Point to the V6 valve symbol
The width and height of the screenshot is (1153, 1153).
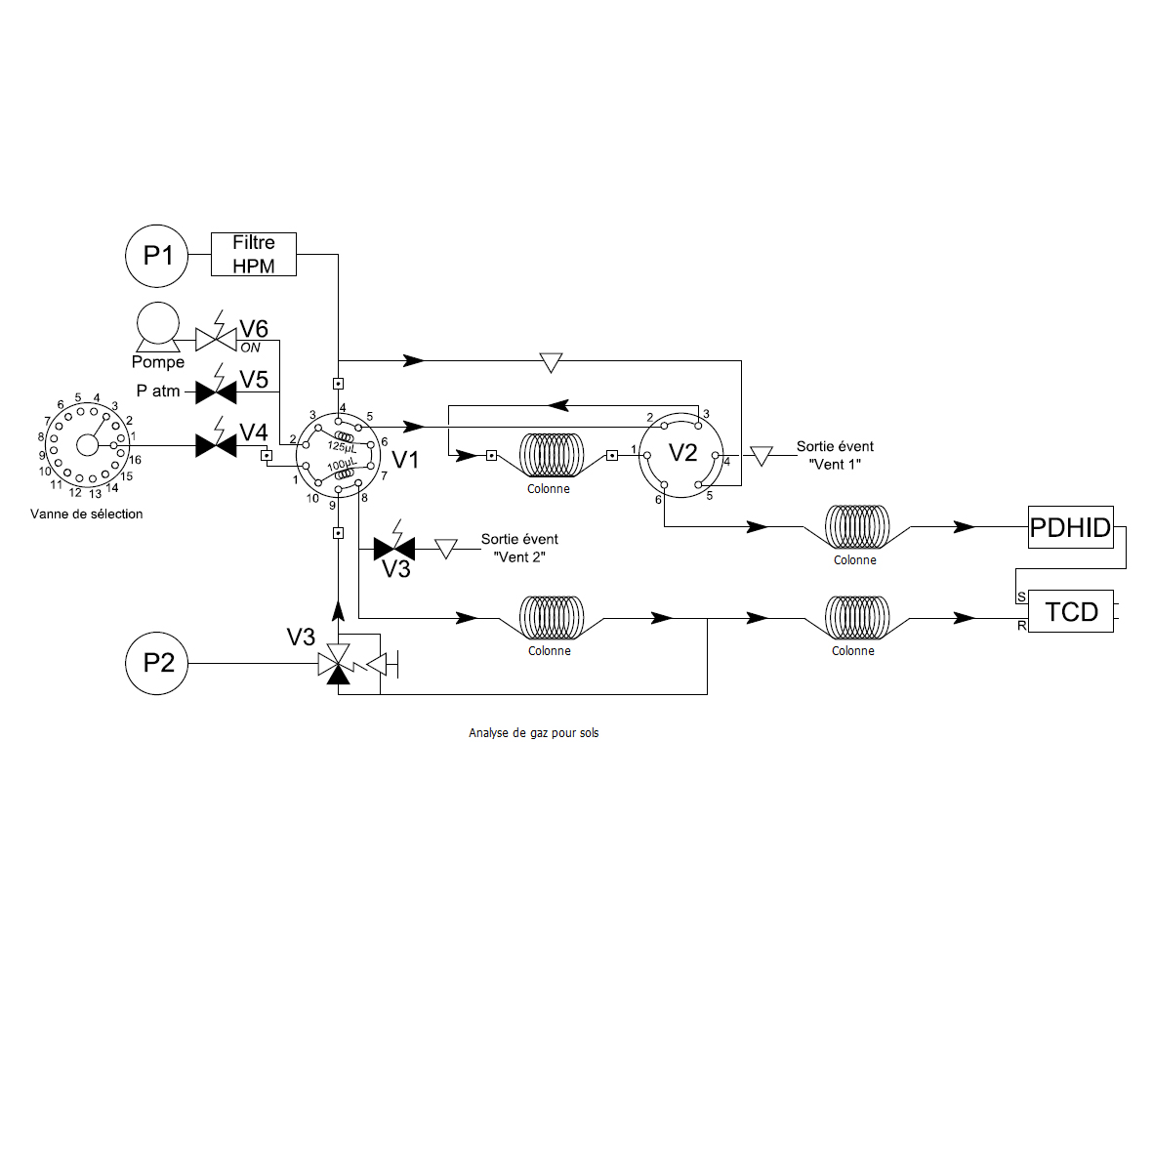point(216,339)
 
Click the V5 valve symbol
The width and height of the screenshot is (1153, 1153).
point(216,392)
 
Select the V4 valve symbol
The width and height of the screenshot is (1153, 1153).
point(216,445)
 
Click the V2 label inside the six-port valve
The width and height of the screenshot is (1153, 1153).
point(682,452)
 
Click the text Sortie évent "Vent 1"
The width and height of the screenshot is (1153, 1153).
point(836,455)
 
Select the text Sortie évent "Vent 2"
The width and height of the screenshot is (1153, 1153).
point(520,548)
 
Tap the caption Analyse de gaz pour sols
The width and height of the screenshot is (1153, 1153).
point(534,733)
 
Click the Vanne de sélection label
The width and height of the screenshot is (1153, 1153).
point(87,514)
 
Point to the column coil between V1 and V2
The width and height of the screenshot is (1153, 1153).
point(552,455)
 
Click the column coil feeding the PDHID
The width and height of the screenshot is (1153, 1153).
point(857,526)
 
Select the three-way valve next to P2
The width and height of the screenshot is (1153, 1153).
point(338,664)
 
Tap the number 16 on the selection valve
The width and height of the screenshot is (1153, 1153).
point(136,460)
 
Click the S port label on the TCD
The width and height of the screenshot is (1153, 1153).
point(1021,597)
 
